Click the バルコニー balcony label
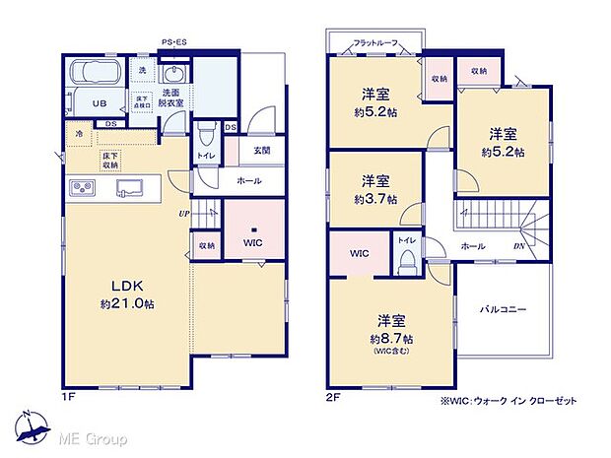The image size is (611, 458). coord(503,309)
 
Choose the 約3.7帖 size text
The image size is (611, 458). coord(374,199)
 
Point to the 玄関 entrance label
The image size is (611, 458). coord(261,150)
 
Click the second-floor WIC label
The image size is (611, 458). coord(359,253)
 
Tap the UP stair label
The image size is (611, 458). coord(183,213)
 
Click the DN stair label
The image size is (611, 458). coord(518,246)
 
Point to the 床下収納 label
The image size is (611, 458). coord(110,161)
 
